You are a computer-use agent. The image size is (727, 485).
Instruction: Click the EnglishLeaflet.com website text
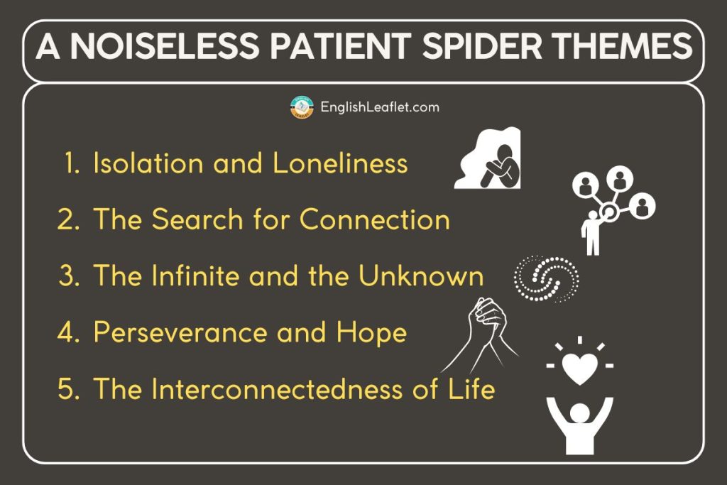click(380, 107)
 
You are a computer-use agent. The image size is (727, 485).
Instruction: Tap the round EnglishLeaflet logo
click(302, 107)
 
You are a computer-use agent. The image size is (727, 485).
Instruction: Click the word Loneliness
click(340, 163)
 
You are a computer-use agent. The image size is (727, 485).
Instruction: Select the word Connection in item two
click(375, 219)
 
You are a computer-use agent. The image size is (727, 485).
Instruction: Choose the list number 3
click(69, 276)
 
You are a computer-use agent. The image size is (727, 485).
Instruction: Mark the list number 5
click(69, 389)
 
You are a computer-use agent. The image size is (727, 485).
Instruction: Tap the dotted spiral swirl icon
click(546, 278)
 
